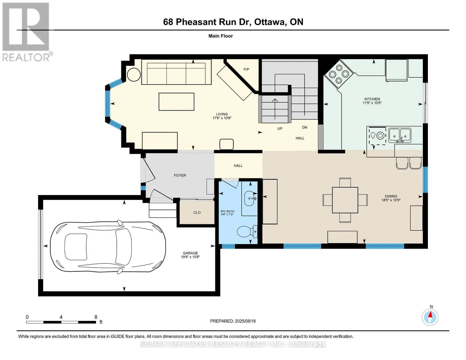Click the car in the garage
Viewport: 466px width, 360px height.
[108, 247]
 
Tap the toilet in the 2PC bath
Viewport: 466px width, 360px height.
[247, 232]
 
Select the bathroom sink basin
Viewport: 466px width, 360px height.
[249, 198]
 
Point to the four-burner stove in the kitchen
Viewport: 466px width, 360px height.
[339, 74]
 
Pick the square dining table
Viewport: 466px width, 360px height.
[345, 200]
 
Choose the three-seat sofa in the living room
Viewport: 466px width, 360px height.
[176, 72]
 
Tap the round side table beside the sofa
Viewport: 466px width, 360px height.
[134, 75]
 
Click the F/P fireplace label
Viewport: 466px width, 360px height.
[246, 69]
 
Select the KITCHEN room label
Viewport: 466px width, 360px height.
[372, 99]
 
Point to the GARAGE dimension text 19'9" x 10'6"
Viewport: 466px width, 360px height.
[190, 257]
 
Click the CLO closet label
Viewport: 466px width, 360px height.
[197, 212]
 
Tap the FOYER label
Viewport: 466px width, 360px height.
[180, 175]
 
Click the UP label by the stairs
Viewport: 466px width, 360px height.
[280, 129]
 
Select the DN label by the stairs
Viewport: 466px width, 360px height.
[305, 127]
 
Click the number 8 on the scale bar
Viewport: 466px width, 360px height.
[96, 317]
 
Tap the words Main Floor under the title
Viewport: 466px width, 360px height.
[221, 36]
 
